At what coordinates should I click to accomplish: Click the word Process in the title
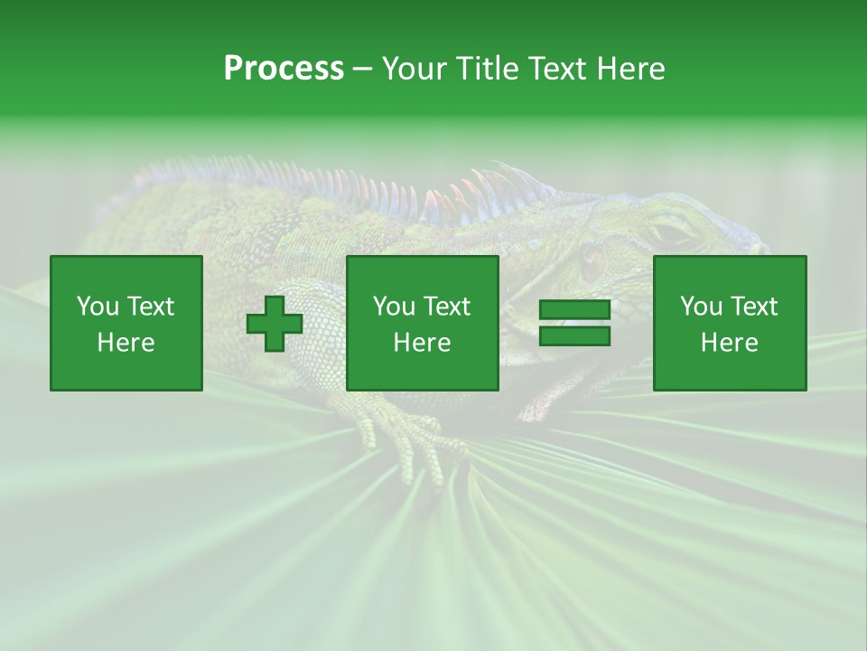[x=284, y=69]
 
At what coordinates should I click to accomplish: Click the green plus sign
[x=275, y=324]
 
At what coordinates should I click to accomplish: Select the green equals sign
[x=574, y=324]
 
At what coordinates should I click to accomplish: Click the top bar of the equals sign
[x=574, y=310]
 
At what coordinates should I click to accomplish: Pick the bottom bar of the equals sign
[x=574, y=336]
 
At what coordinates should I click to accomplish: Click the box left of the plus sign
[x=126, y=324]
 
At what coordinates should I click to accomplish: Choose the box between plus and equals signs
[x=423, y=324]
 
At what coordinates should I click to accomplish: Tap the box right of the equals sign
[x=730, y=324]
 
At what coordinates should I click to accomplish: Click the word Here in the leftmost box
[x=126, y=343]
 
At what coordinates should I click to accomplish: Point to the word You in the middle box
[x=394, y=307]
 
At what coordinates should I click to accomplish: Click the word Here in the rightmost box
[x=730, y=343]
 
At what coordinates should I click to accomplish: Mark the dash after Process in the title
[x=363, y=70]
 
